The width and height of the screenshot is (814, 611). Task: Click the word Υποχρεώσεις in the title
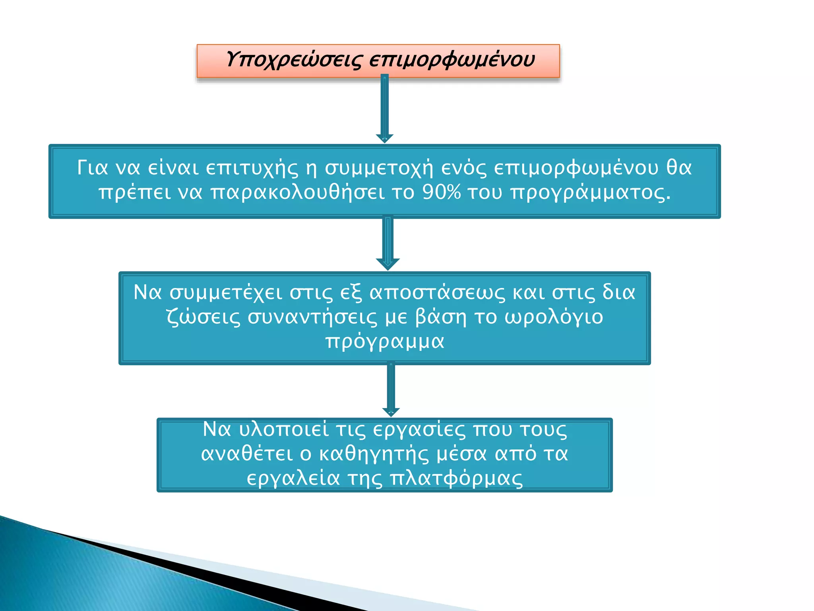tap(294, 60)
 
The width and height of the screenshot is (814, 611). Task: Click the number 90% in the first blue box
tap(441, 192)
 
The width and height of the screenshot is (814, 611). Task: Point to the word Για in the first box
tap(92, 167)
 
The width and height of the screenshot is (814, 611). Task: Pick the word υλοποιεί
tap(283, 430)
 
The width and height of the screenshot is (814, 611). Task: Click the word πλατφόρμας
tap(456, 479)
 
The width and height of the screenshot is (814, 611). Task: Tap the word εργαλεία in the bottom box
tap(293, 479)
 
